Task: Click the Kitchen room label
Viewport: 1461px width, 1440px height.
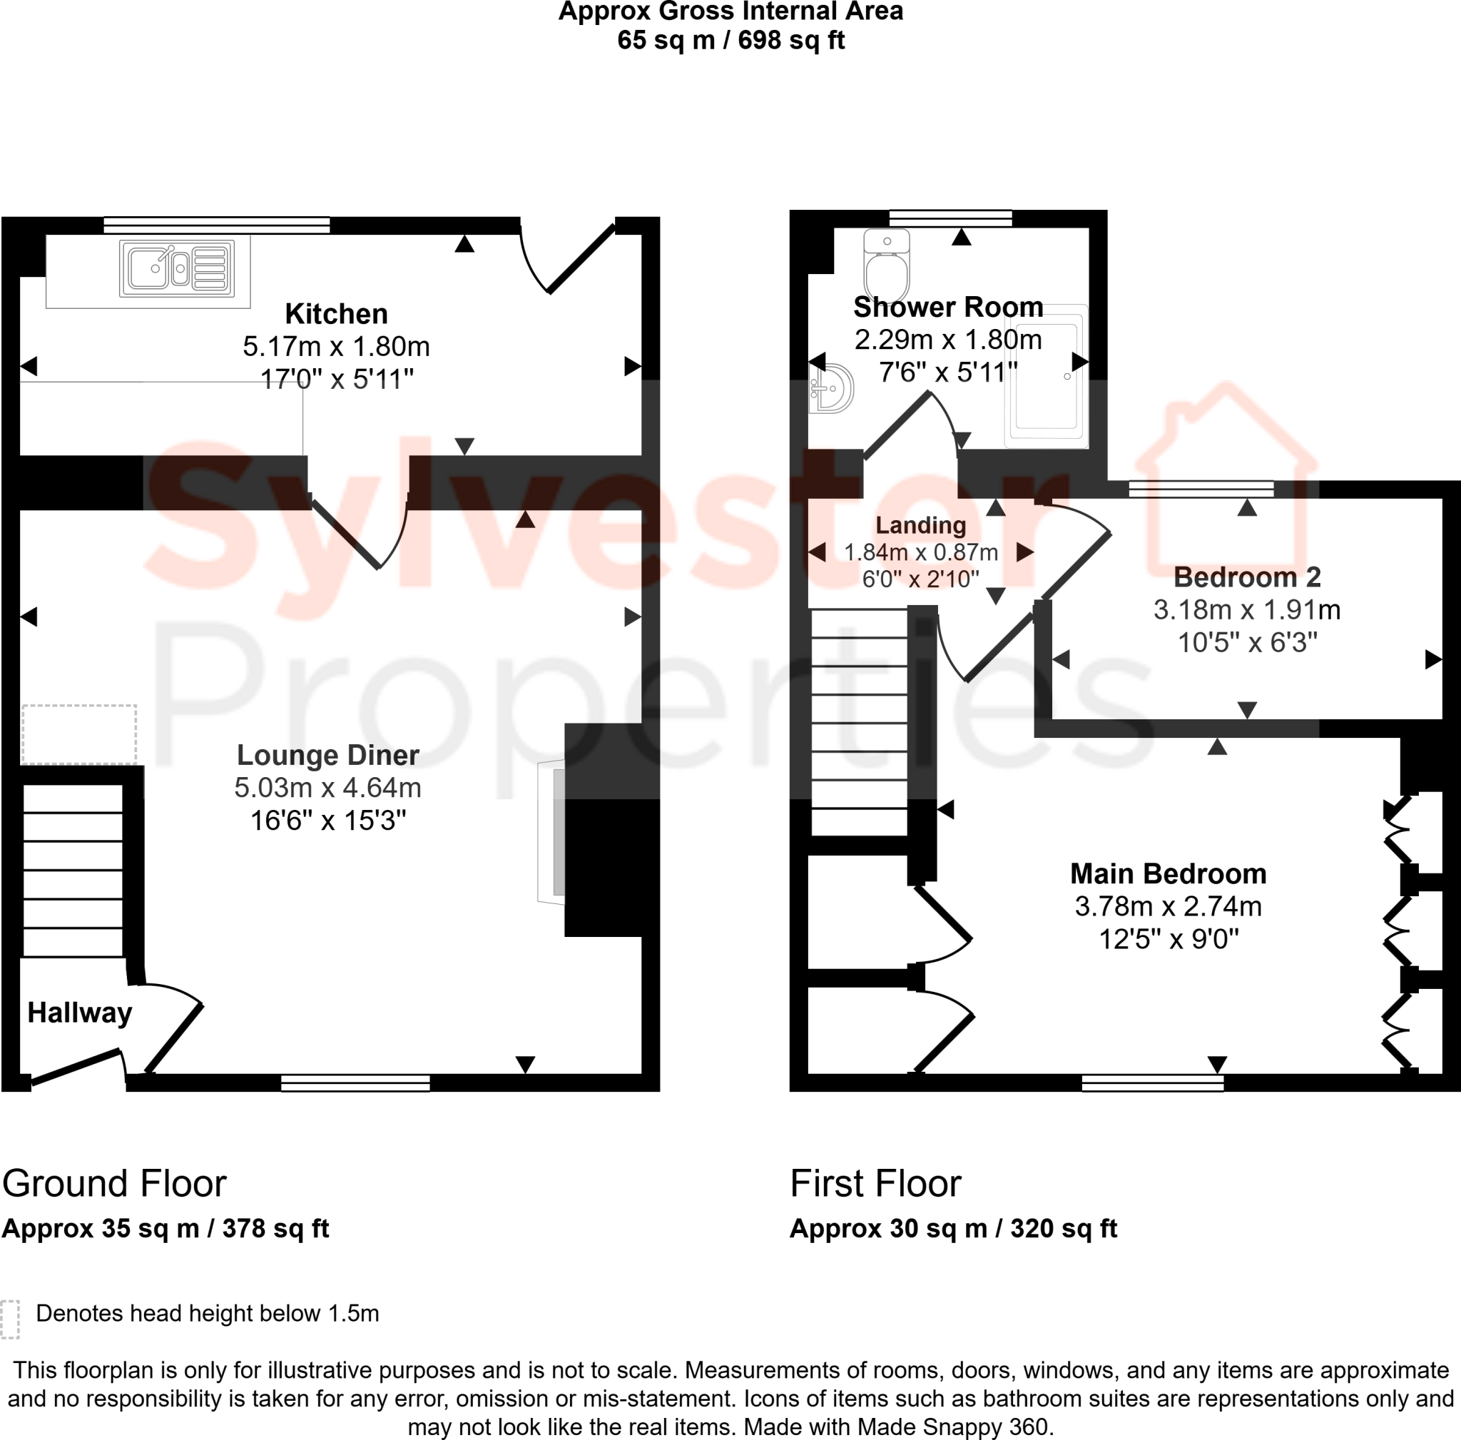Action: pyautogui.click(x=336, y=314)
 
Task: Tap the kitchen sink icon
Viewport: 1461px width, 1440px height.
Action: pyautogui.click(x=177, y=268)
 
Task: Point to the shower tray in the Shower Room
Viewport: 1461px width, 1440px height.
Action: pyautogui.click(x=1047, y=377)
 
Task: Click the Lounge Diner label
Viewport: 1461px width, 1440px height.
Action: pyautogui.click(x=327, y=755)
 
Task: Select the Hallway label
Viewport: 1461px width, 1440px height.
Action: pyautogui.click(x=79, y=1013)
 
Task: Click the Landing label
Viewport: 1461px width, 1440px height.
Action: pyautogui.click(x=920, y=525)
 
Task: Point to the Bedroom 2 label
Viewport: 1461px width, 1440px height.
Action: pyautogui.click(x=1246, y=577)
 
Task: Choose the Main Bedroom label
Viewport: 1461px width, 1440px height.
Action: pyautogui.click(x=1168, y=873)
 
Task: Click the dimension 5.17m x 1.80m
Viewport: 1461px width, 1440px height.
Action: pyautogui.click(x=336, y=346)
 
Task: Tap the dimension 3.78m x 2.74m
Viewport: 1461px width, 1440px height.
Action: pyautogui.click(x=1168, y=906)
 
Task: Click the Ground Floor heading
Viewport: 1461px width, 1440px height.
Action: pyautogui.click(x=114, y=1184)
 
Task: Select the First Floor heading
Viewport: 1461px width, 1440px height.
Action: pyautogui.click(x=875, y=1184)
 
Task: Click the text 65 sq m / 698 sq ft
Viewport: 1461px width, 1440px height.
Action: pyautogui.click(x=730, y=40)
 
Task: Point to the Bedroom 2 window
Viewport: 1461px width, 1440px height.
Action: pyautogui.click(x=1201, y=490)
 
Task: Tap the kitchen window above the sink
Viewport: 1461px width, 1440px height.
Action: pyautogui.click(x=216, y=225)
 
